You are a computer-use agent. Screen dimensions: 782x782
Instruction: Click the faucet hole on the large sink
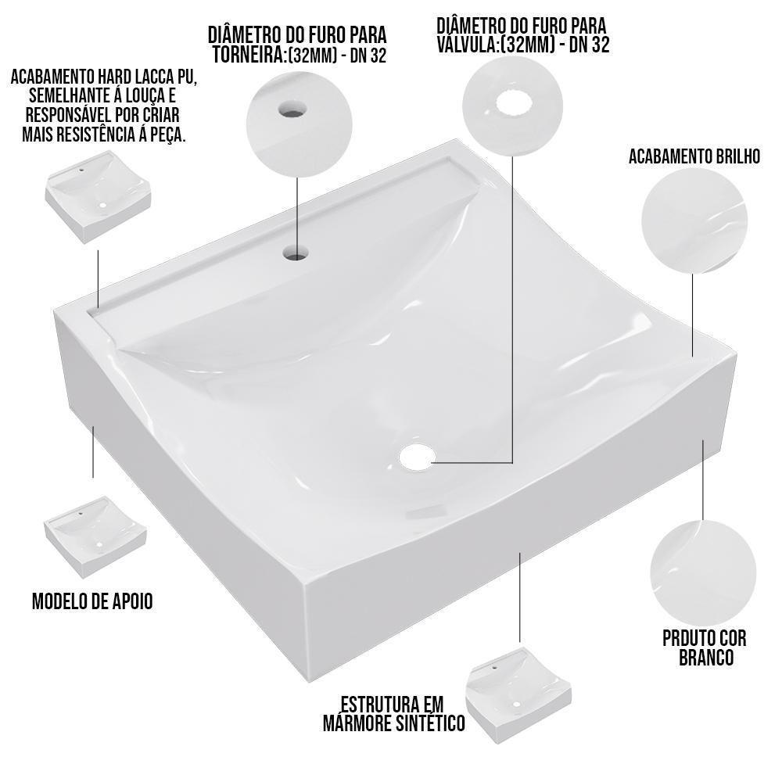(296, 252)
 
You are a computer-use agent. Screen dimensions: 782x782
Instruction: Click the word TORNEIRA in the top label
(247, 56)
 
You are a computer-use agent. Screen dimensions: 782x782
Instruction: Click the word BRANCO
(705, 657)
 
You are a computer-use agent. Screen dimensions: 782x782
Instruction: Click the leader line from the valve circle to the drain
(512, 313)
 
